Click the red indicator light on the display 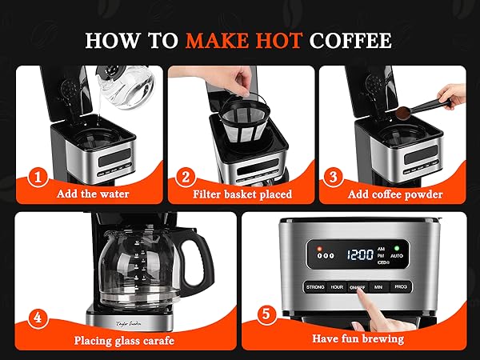(319, 246)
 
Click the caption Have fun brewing (358, 338)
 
